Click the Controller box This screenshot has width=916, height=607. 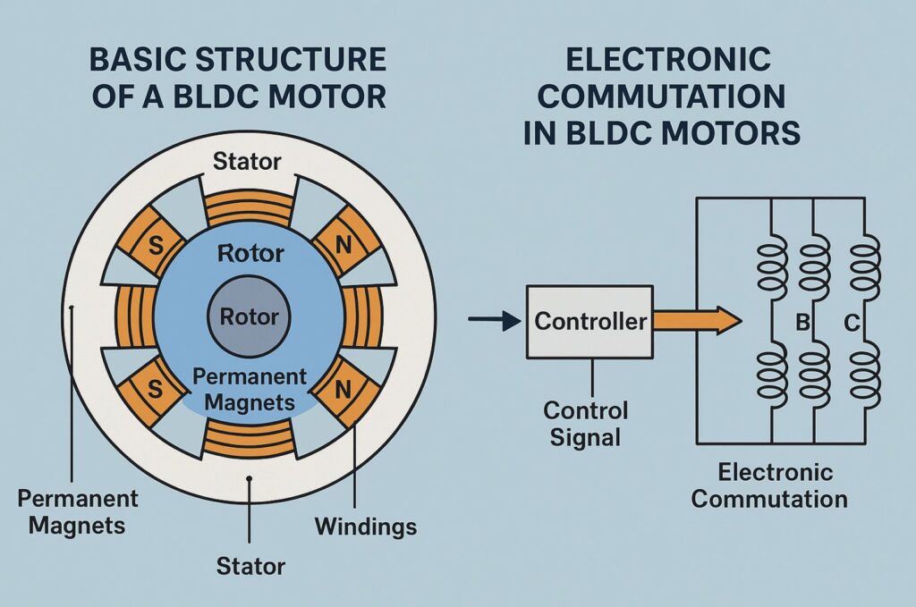(589, 321)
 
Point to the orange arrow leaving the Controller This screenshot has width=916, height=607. (696, 321)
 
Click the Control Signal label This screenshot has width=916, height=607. (587, 425)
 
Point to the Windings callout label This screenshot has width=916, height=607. (365, 526)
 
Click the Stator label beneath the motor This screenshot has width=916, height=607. (251, 565)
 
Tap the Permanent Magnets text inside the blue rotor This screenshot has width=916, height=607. (250, 390)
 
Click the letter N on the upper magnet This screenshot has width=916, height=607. (342, 244)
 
